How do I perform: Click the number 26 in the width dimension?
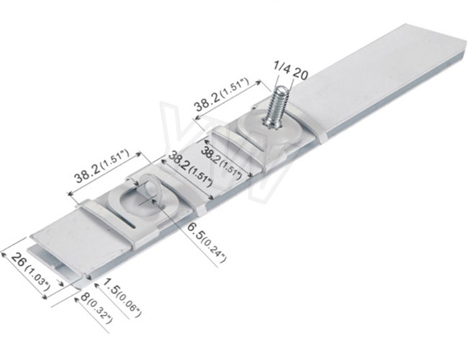coord(19,260)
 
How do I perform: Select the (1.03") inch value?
coord(37,278)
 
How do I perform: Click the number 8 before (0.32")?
coord(85,297)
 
